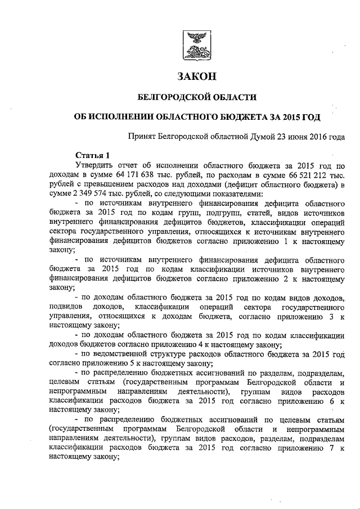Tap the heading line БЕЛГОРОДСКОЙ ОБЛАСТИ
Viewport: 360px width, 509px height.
197,97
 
